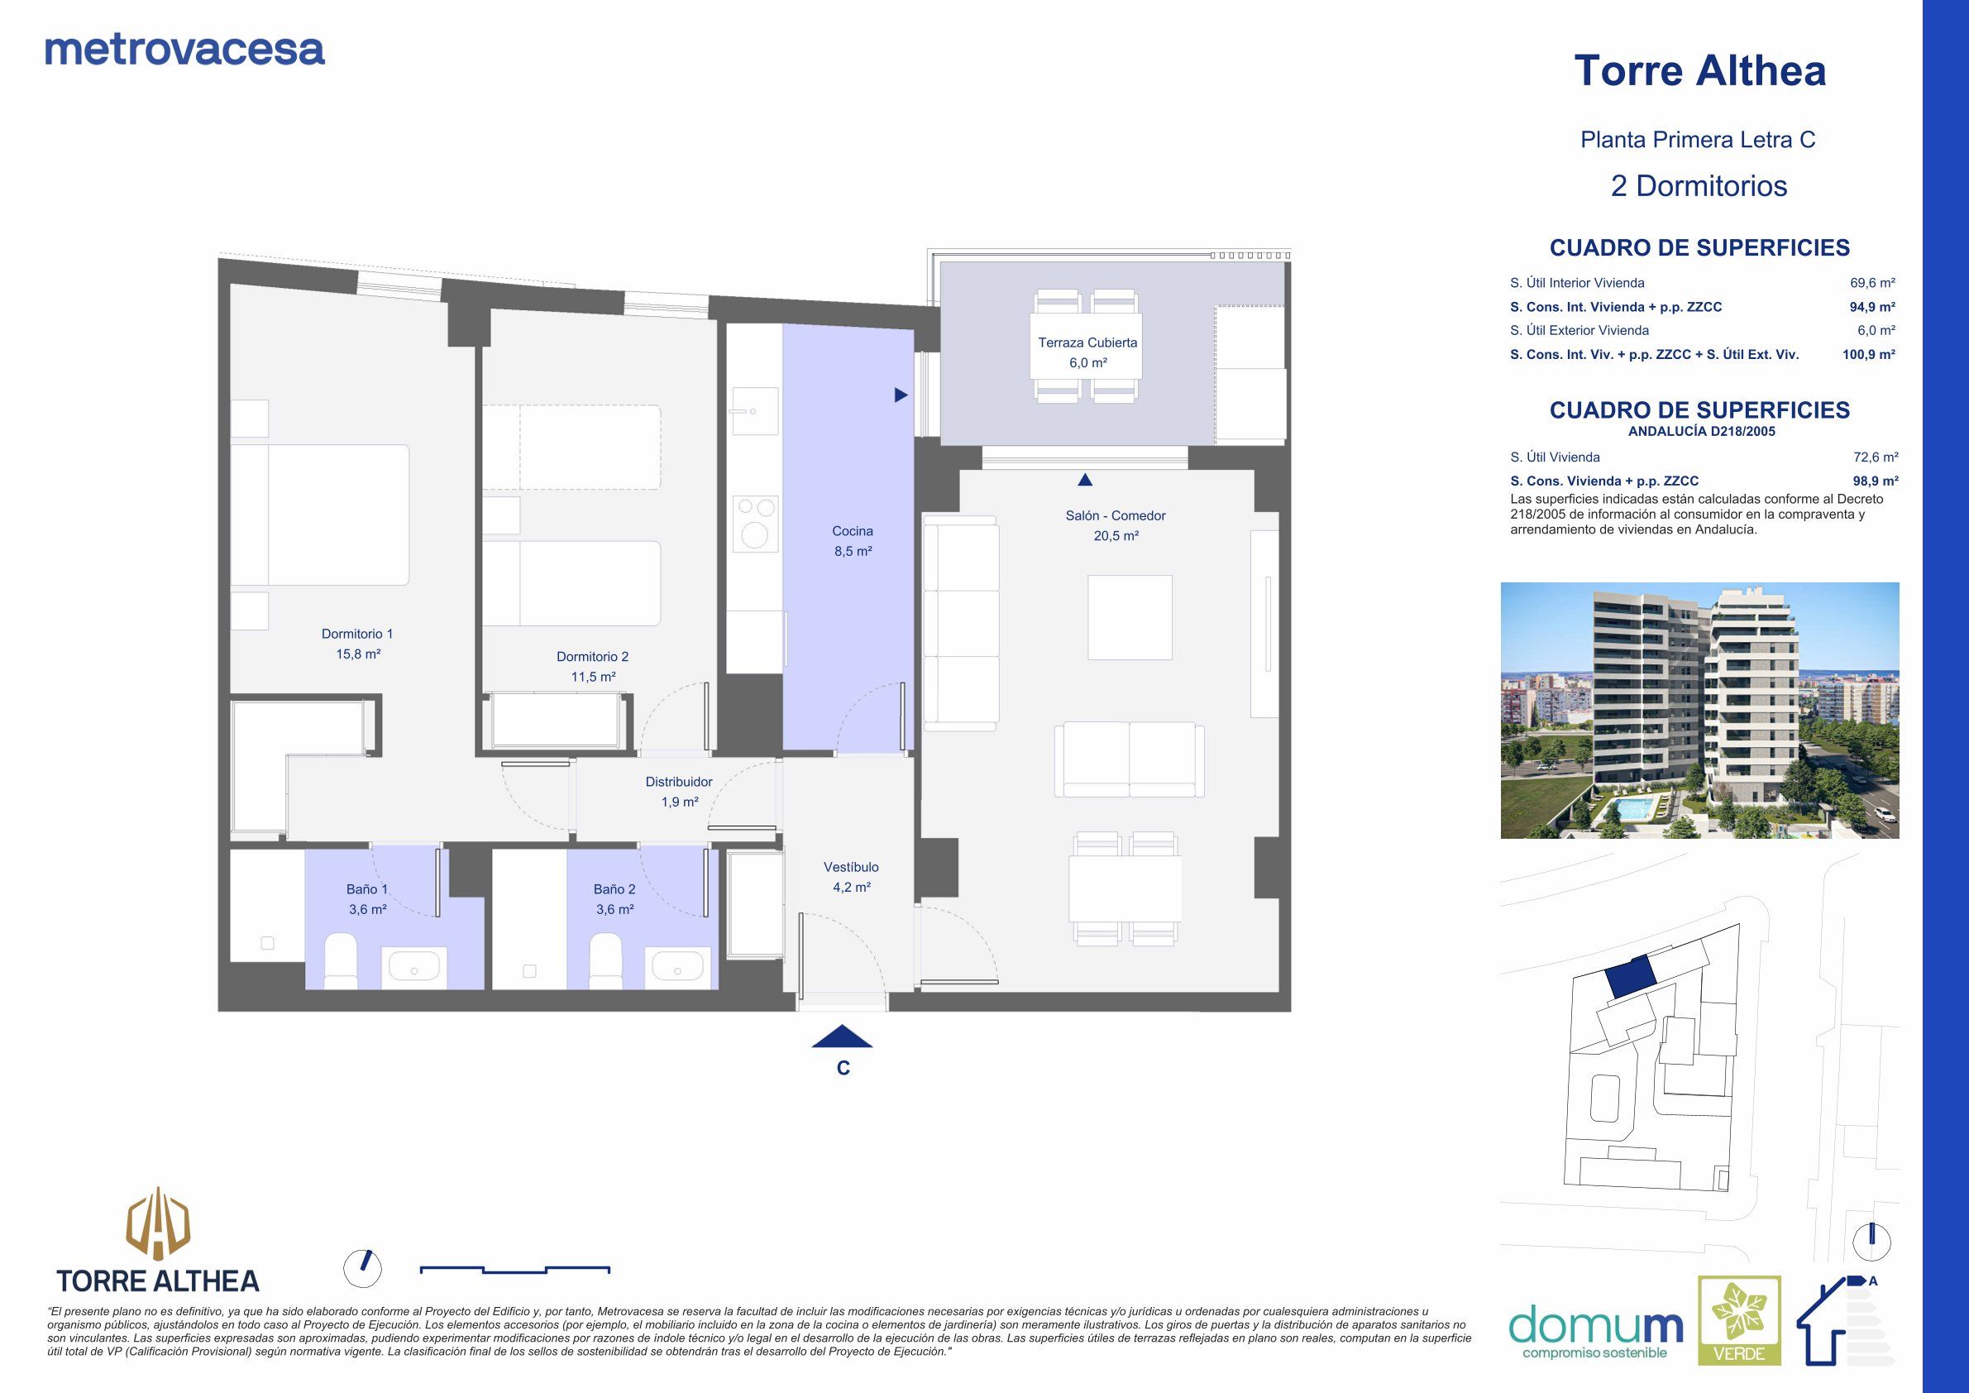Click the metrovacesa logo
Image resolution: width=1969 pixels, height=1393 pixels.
tap(184, 50)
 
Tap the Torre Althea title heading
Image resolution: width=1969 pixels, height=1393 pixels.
tap(1699, 70)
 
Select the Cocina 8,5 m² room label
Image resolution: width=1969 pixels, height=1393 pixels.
tap(853, 541)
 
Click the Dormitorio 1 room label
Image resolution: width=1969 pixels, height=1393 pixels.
tap(356, 644)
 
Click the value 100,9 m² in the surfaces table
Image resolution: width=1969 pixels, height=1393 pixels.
tap(1868, 354)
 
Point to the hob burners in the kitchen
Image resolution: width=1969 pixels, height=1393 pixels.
tap(756, 524)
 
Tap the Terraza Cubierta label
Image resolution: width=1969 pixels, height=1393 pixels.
tap(1087, 352)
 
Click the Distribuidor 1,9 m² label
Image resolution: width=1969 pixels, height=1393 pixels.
tap(678, 792)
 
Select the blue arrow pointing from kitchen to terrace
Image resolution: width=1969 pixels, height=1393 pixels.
tap(901, 395)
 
